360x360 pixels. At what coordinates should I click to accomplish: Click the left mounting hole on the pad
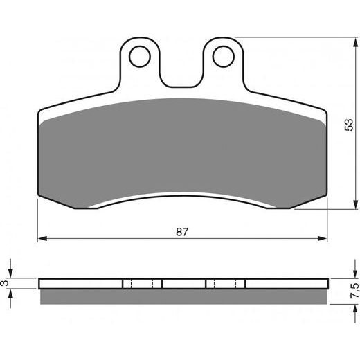coord(141,55)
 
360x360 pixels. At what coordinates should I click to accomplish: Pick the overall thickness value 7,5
coord(354,289)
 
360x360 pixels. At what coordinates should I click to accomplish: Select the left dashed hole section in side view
coord(142,283)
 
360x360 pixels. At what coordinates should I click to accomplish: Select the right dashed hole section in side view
coord(225,283)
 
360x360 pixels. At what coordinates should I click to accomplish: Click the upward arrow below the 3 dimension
coord(12,294)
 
